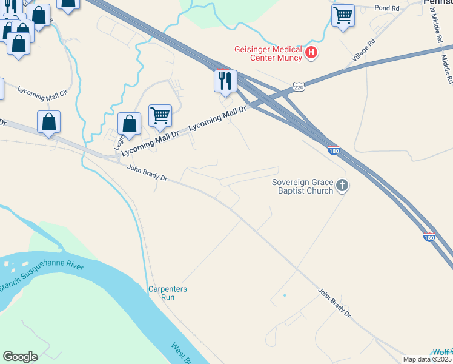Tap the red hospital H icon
[x=311, y=53]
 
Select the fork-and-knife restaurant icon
[x=225, y=81]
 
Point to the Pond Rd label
[x=387, y=8]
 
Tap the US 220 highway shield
[x=299, y=87]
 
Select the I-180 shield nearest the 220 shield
[x=333, y=149]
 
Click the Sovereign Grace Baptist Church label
[x=303, y=186]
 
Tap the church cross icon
[x=342, y=186]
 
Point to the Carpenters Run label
[x=168, y=293]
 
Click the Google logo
[x=20, y=357]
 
